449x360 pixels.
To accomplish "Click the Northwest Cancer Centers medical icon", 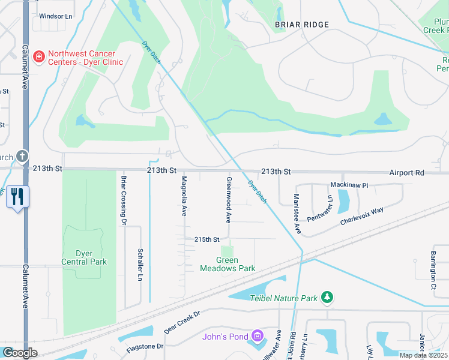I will (39, 56).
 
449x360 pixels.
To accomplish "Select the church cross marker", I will (22, 156).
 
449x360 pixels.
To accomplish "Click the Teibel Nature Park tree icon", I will (327, 297).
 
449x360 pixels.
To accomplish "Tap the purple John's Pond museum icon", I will (258, 336).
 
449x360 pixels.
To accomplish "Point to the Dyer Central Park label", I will (84, 257).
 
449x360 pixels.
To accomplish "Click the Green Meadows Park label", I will (228, 264).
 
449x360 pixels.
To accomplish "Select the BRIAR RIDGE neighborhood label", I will (302, 25).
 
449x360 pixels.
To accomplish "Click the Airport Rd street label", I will (406, 172).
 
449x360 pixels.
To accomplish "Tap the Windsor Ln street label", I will (55, 16).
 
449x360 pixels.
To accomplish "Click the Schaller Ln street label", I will (139, 265).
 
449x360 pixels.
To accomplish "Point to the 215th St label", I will (203, 239).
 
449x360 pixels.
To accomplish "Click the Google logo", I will (20, 353).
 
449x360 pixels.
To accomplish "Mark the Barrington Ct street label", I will (432, 261).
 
